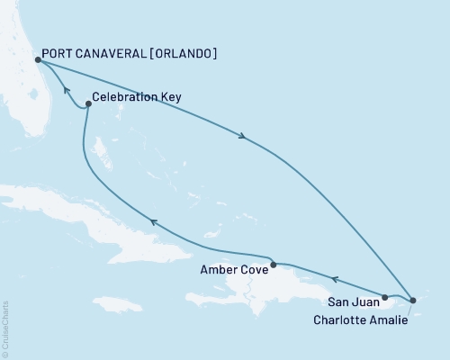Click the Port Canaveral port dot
37,60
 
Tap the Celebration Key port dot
87,105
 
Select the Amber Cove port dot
273,264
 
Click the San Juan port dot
385,297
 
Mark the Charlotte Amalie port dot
412,300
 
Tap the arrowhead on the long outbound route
242,137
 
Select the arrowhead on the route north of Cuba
153,221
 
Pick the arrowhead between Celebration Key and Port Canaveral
64,89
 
